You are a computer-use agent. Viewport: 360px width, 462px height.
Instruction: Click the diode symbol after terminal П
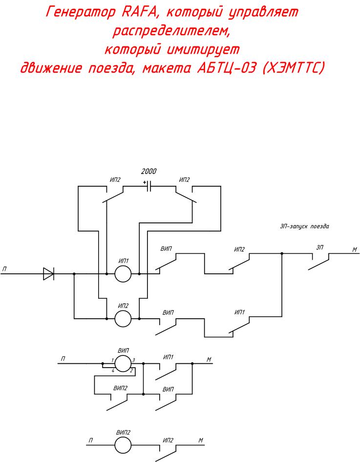tap(48, 274)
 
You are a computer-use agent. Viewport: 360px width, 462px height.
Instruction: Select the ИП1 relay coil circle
tap(123, 274)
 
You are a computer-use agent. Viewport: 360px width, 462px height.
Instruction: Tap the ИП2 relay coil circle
tap(123, 319)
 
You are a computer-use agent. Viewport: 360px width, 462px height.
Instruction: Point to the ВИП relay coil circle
tap(123, 363)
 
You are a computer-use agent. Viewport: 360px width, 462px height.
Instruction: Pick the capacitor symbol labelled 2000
tap(149, 186)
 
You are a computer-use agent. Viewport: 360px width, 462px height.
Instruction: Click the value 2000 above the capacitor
tap(149, 172)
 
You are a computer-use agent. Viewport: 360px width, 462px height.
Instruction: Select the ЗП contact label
tap(320, 247)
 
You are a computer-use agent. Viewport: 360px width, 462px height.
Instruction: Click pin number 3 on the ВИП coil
tap(133, 360)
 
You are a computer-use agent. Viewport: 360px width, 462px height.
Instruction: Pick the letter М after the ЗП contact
tap(355, 250)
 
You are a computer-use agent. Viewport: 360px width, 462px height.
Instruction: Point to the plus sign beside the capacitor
tap(145, 182)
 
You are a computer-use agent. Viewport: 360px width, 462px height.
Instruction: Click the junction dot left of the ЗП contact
tap(282, 254)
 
